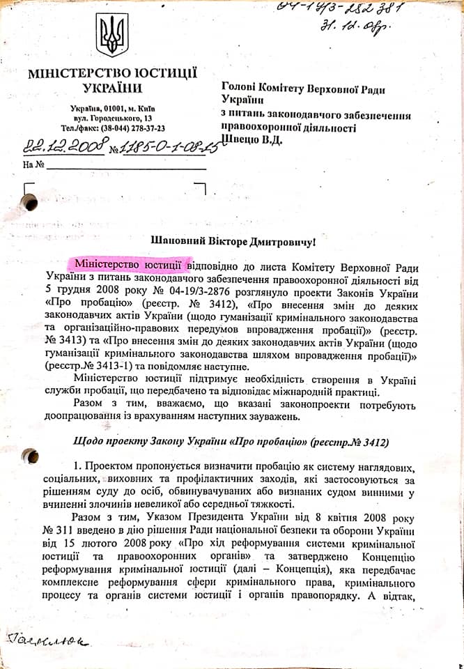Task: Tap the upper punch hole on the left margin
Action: (x=29, y=201)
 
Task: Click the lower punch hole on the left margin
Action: (x=29, y=456)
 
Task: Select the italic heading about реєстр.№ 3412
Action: (x=231, y=443)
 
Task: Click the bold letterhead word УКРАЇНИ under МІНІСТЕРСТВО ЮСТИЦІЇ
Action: (x=112, y=89)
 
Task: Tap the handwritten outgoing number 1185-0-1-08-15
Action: (x=159, y=146)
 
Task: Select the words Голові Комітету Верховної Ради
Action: (x=303, y=89)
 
